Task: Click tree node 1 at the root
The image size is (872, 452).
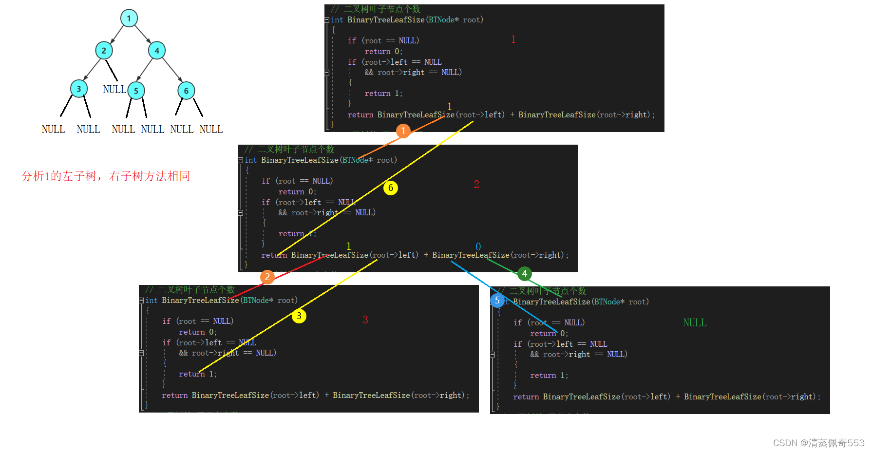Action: (x=129, y=19)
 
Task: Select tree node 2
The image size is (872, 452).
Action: (x=104, y=50)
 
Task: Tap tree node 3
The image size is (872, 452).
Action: (x=78, y=89)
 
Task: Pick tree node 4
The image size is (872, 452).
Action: (x=157, y=50)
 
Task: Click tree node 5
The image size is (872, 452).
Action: (x=136, y=91)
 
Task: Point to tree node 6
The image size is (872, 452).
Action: (x=186, y=91)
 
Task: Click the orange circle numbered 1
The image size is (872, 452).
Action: (x=403, y=131)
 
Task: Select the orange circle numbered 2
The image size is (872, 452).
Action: (x=267, y=277)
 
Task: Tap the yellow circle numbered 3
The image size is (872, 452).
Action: (x=299, y=316)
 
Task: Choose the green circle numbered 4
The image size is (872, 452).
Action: (x=525, y=273)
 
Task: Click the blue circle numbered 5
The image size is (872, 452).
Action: (x=497, y=300)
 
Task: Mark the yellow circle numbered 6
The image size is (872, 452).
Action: (x=391, y=188)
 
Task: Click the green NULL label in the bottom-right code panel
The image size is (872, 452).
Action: (x=695, y=323)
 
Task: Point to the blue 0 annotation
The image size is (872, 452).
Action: (x=478, y=246)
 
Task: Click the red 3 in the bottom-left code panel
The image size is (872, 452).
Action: (x=365, y=320)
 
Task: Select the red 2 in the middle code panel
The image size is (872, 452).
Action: (x=476, y=184)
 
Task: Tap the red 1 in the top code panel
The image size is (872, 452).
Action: (x=513, y=39)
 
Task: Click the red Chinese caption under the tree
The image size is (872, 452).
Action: (x=106, y=176)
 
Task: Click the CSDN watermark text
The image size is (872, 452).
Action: (x=818, y=443)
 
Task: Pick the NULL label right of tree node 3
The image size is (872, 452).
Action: (x=114, y=90)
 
